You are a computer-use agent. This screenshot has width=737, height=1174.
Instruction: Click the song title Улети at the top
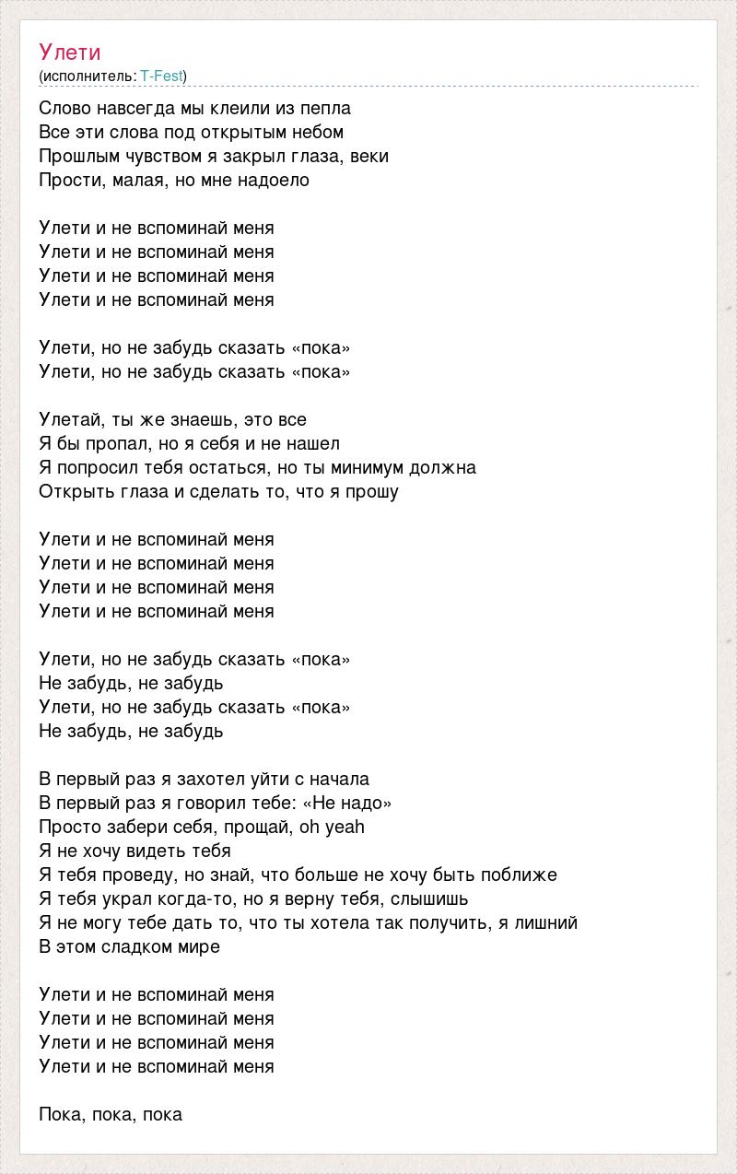tap(70, 52)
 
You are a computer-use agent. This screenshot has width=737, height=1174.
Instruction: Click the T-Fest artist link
tap(161, 76)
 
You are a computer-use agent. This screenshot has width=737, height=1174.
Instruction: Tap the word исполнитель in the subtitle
tap(88, 76)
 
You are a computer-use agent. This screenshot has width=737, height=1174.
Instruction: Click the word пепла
tap(325, 108)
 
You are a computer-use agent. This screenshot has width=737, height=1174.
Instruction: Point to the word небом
tap(315, 132)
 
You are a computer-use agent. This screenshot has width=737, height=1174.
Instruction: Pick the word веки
tap(370, 156)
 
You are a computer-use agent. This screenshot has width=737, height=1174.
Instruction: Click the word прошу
tap(372, 491)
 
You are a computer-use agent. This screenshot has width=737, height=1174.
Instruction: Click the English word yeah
tap(345, 827)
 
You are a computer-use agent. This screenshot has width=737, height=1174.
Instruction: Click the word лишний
tap(547, 922)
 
